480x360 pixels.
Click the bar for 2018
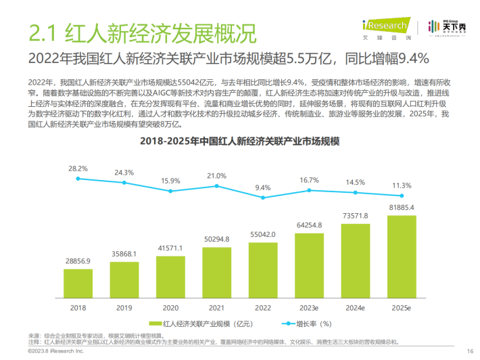point(79,282)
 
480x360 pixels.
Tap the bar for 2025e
point(401,256)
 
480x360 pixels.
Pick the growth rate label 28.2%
point(78,168)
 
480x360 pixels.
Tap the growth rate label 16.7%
point(308,179)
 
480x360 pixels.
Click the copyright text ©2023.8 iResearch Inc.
point(55,352)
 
